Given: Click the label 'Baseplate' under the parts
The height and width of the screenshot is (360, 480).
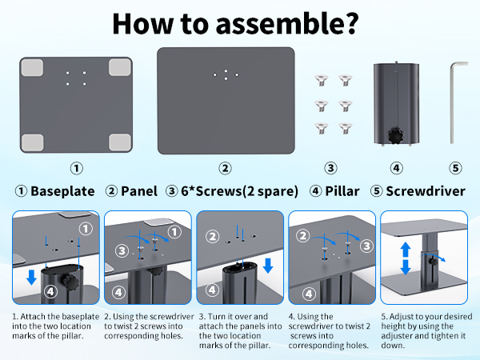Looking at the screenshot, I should (62, 192).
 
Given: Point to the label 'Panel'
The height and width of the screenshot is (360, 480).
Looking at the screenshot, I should (139, 192).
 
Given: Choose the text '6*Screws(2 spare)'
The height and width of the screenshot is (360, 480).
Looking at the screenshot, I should (238, 192).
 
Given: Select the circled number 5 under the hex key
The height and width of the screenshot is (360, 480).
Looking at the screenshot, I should (455, 168).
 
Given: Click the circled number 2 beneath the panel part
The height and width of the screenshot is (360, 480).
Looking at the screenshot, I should (226, 168).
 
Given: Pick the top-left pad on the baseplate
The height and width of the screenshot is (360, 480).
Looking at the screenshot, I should (31, 69).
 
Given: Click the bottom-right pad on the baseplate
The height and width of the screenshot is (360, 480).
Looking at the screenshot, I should (120, 142).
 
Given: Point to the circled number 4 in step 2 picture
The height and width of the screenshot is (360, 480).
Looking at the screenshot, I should (119, 293).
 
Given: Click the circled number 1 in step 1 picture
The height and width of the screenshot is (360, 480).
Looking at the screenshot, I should (85, 229).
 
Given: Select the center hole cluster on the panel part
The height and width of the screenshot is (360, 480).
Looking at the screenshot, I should (226, 74).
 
